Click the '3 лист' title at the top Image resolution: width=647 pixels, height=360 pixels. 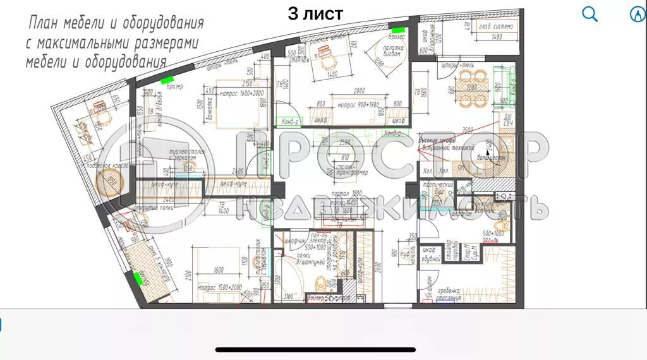315,13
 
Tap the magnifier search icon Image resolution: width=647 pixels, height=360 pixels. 590,14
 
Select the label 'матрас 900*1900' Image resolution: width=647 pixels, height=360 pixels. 358,104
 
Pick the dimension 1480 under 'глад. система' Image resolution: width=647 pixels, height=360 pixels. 496,37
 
